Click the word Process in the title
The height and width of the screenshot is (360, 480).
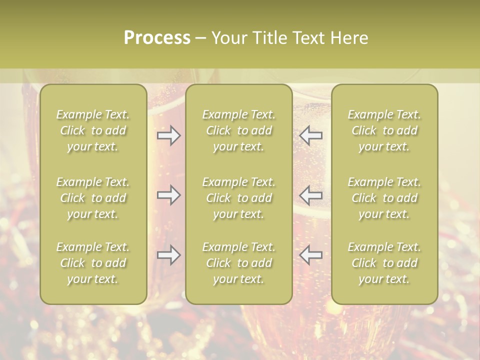(x=157, y=38)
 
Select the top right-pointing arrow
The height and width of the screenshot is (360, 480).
(x=168, y=135)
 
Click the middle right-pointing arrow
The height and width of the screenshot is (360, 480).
(x=168, y=195)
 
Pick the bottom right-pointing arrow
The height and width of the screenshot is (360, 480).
(x=168, y=255)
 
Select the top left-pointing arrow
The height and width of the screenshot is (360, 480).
(x=311, y=135)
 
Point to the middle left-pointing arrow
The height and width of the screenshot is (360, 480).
(x=311, y=195)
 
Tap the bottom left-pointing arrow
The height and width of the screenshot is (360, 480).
(x=311, y=255)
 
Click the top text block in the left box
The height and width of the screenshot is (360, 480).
(x=93, y=130)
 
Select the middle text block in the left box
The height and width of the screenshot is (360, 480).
(x=93, y=198)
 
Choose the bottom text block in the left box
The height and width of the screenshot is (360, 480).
(x=93, y=263)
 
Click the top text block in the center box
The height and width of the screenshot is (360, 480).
(x=238, y=130)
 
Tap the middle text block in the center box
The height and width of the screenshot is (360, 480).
(x=238, y=198)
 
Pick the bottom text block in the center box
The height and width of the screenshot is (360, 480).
(x=238, y=263)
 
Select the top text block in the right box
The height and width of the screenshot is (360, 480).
(x=384, y=130)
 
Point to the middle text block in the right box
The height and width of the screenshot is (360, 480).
(x=384, y=198)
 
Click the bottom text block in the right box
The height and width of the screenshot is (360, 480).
(x=384, y=263)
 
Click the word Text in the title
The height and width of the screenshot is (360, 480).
(x=308, y=38)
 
